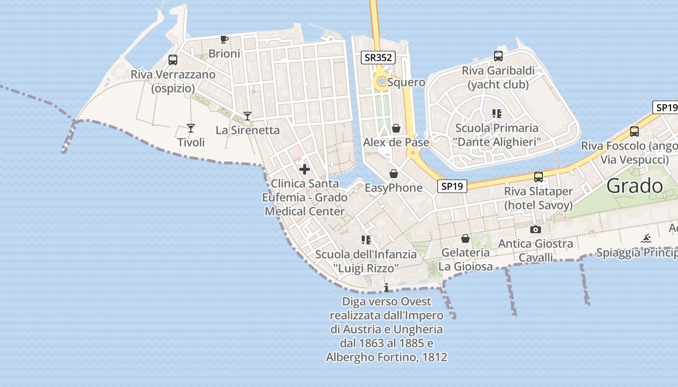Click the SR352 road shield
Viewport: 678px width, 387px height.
(x=378, y=58)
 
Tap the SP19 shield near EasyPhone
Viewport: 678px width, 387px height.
(x=452, y=186)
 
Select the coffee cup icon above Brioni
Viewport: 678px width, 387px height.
(x=224, y=39)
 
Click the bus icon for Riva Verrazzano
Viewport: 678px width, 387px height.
(x=173, y=60)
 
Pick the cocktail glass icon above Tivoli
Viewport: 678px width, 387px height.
(x=191, y=128)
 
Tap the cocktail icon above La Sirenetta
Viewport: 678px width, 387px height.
(x=247, y=116)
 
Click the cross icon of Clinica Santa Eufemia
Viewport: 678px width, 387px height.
(x=305, y=169)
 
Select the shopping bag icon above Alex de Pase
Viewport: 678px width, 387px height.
(x=396, y=128)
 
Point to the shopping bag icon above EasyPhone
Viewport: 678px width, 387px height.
(x=394, y=174)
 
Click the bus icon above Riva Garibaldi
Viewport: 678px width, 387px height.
(x=498, y=56)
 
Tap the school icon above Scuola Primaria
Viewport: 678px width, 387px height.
(x=496, y=114)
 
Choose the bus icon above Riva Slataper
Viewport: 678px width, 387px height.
(x=538, y=177)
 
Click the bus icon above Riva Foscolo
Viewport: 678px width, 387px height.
(x=634, y=131)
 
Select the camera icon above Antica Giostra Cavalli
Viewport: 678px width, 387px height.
(x=535, y=229)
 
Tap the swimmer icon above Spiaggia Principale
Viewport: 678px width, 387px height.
(x=646, y=238)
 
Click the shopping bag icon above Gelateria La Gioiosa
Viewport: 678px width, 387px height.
(x=465, y=238)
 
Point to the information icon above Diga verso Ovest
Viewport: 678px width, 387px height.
(x=386, y=288)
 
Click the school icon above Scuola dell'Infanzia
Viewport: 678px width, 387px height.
(x=366, y=240)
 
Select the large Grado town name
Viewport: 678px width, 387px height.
(x=634, y=186)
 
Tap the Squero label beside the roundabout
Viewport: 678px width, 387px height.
(x=406, y=82)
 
